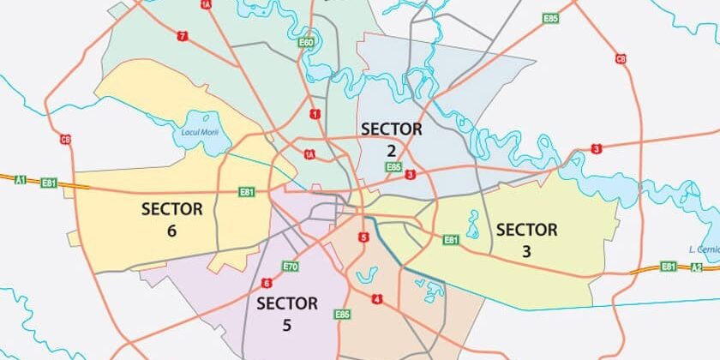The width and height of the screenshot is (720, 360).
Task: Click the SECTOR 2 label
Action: click(x=392, y=139)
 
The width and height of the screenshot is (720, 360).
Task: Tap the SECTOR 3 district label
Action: click(x=526, y=240)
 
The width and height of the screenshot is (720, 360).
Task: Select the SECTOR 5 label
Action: click(x=287, y=314)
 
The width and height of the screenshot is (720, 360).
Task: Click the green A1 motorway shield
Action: click(x=21, y=180)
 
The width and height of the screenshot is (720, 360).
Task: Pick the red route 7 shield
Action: click(x=182, y=36)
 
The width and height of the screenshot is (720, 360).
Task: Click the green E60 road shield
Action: click(x=306, y=42)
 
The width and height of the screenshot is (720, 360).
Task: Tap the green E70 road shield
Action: click(x=290, y=267)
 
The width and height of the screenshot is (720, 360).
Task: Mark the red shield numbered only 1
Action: click(x=315, y=114)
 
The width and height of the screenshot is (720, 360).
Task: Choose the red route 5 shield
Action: click(x=364, y=237)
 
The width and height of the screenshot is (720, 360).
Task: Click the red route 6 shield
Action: click(x=267, y=283)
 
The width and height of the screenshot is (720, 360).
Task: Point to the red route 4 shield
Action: click(x=377, y=299)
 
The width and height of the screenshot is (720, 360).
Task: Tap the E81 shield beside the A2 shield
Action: click(x=669, y=267)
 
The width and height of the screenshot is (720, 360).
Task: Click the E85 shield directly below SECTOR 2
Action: click(x=393, y=166)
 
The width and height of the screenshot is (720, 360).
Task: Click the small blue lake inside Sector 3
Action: click(x=472, y=225)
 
